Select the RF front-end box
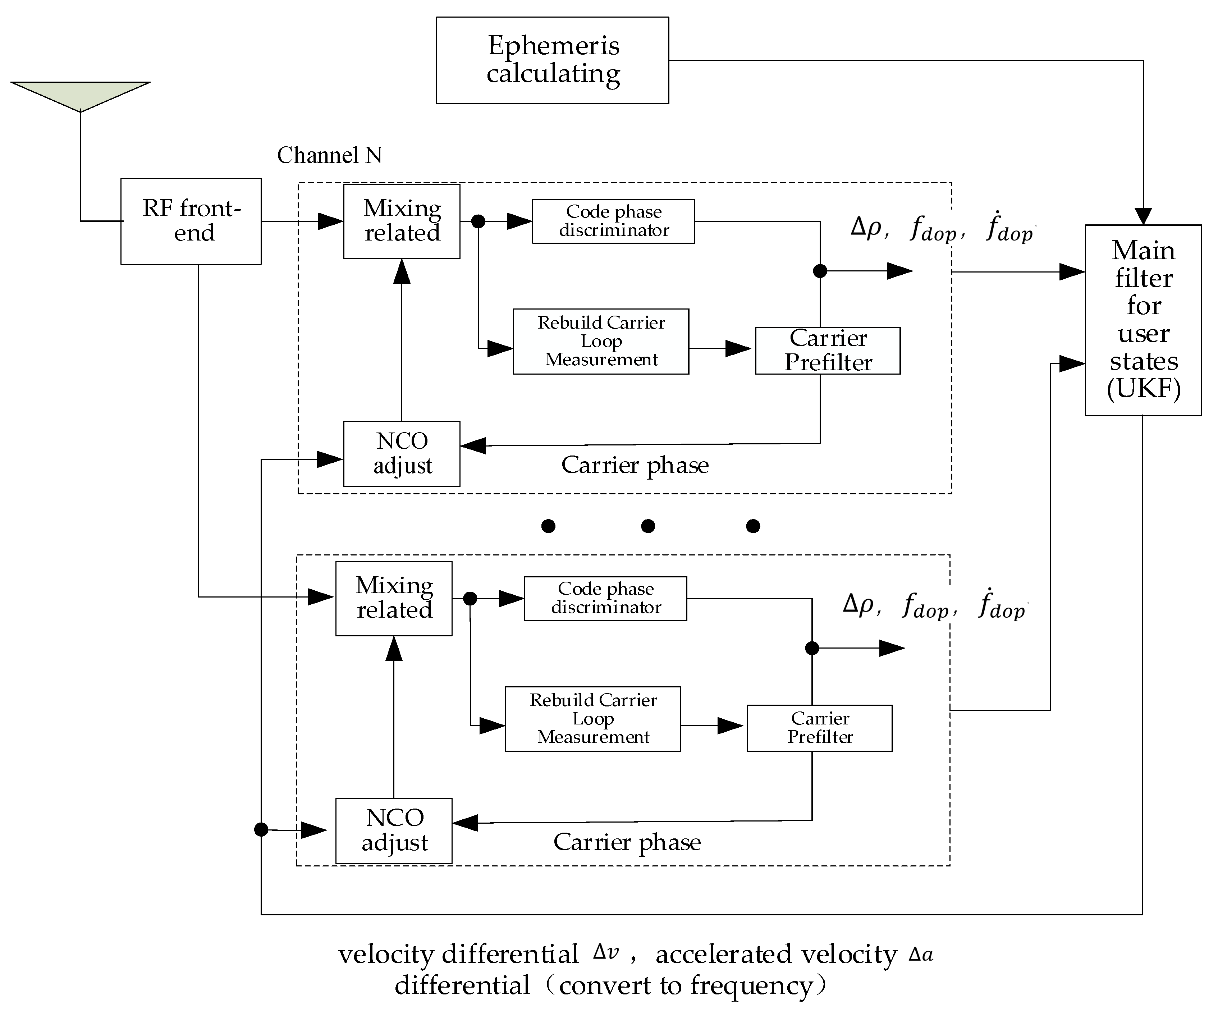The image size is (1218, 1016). (191, 221)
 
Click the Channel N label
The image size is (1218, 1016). (329, 155)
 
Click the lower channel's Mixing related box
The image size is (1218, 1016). (393, 598)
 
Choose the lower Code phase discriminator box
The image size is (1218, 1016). (605, 598)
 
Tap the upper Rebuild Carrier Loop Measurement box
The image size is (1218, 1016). (600, 341)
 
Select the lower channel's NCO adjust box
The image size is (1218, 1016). (393, 830)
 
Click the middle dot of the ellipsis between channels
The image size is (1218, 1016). (648, 526)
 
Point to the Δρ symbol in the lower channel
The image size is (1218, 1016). (859, 604)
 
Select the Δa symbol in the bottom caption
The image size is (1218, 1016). (920, 954)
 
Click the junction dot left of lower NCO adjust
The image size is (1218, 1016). (261, 830)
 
